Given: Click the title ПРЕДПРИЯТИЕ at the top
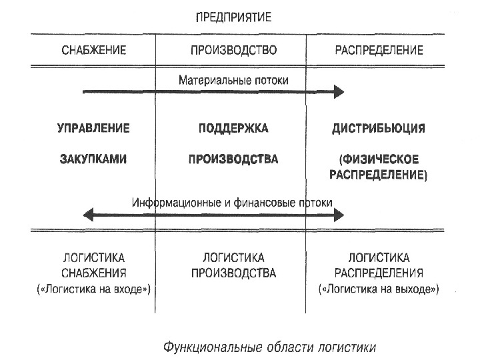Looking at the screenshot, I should coord(233,17).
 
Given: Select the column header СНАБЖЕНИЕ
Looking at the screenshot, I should coord(94,50).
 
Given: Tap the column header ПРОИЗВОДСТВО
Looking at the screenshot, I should coord(233,50).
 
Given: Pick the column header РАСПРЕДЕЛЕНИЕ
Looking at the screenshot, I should coord(379,50).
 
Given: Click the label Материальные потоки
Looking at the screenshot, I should coord(233,79).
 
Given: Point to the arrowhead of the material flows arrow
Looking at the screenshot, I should coord(339,91).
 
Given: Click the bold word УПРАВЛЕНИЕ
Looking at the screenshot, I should coord(94,128).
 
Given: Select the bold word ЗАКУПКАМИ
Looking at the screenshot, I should coord(94,159).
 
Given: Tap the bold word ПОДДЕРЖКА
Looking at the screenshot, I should coord(233,128).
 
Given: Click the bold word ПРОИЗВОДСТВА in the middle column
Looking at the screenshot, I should coord(233,159).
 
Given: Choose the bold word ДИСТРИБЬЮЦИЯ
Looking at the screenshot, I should coord(379,128).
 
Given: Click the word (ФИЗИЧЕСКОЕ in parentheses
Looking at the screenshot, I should coord(379,159).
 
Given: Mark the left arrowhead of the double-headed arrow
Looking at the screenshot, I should coord(87,215).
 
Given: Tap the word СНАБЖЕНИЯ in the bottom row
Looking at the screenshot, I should coord(94,273).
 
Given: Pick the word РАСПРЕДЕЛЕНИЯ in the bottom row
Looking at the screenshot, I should coord(379,273).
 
